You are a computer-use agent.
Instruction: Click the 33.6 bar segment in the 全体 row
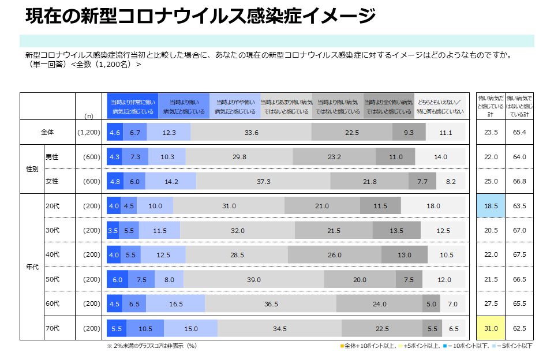[251, 132]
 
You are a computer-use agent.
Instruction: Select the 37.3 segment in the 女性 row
[264, 181]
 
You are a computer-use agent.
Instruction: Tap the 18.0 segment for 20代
[433, 206]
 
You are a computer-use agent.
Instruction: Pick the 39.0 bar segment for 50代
[254, 280]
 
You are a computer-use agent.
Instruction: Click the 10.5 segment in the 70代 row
[145, 329]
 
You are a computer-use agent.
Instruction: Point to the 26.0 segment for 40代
[334, 255]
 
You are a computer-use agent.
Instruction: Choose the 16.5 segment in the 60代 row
[176, 304]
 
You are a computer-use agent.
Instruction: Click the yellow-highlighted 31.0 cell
[491, 329]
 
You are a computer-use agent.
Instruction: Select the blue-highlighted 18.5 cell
[491, 206]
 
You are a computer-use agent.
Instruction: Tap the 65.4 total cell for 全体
[519, 132]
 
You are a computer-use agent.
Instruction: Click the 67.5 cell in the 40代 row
[519, 255]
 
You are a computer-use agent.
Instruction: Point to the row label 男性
[52, 157]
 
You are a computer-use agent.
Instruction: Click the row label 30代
[52, 230]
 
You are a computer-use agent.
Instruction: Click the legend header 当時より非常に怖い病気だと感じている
[133, 106]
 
